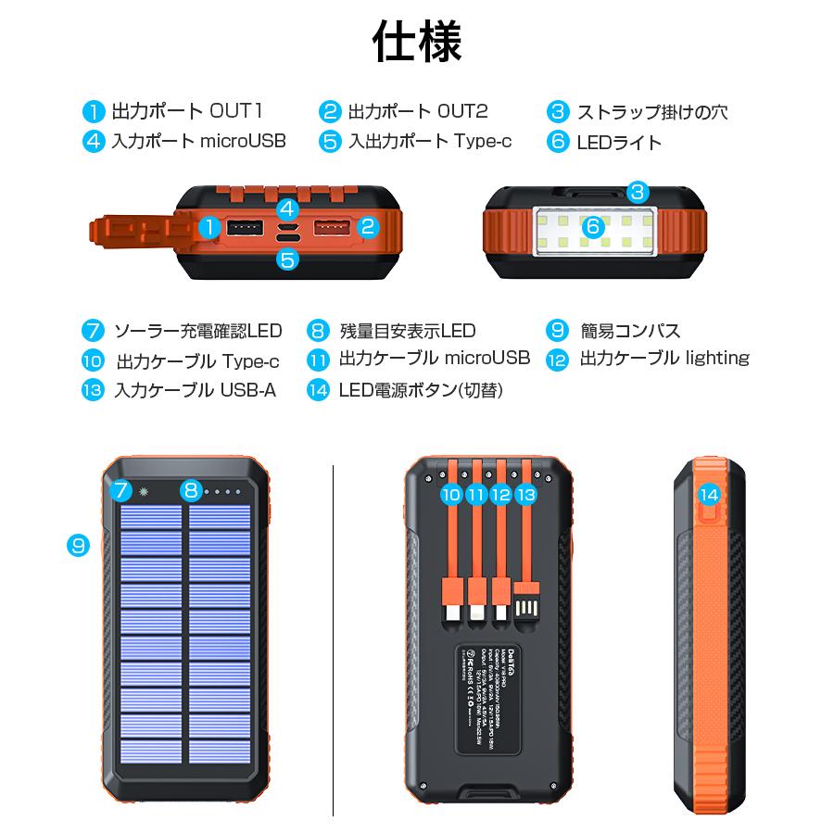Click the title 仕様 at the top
416,42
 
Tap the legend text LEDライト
619,142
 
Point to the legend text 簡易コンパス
629,330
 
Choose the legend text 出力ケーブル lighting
663,359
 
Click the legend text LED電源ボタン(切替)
420,390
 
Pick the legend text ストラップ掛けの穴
651,112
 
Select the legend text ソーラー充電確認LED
197,330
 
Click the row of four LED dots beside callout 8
222,491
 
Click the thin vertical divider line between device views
333,639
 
